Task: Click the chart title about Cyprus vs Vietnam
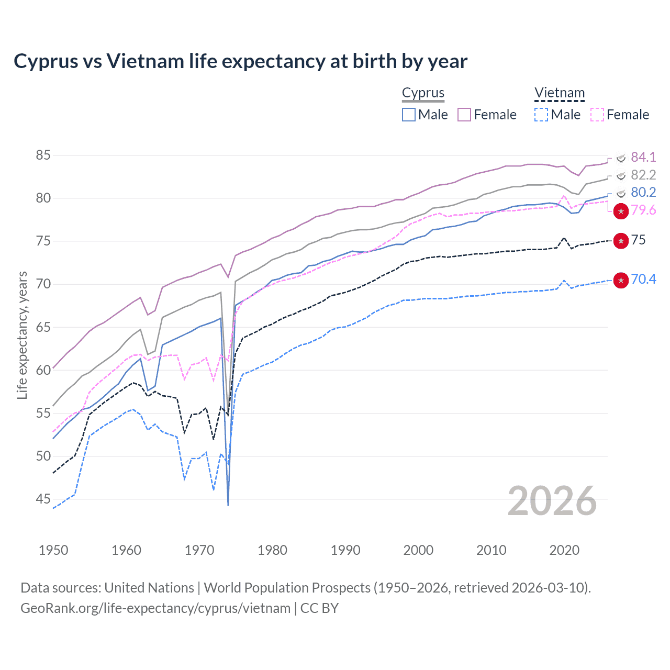(240, 61)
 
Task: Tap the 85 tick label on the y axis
(43, 155)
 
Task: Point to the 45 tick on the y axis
(43, 499)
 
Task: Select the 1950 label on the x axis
(53, 550)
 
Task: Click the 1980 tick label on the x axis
(272, 550)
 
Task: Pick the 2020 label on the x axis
(564, 550)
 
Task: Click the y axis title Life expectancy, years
(22, 335)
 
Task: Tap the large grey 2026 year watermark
(552, 501)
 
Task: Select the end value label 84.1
(643, 157)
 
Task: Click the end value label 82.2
(643, 175)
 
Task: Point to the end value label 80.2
(643, 192)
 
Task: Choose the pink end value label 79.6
(643, 210)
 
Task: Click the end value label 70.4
(643, 279)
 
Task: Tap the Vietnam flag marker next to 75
(621, 241)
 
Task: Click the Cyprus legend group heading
(423, 93)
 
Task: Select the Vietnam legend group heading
(559, 93)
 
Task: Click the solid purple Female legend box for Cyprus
(464, 115)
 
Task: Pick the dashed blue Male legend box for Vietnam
(541, 115)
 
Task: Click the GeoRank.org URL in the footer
(155, 608)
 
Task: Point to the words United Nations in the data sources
(149, 588)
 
